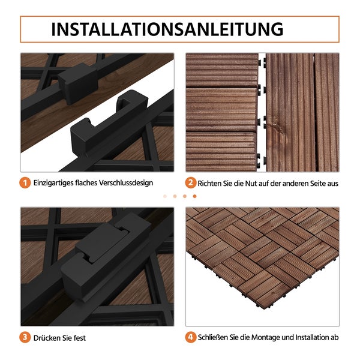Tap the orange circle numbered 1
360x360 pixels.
[25, 183]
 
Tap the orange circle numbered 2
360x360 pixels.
[190, 183]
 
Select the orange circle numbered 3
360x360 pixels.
[25, 337]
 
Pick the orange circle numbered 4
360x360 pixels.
[190, 337]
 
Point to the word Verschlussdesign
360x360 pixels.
[123, 183]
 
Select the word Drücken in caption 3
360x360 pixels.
[48, 338]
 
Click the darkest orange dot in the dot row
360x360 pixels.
[194, 196]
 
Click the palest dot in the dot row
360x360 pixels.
[165, 196]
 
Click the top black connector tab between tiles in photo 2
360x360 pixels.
[262, 62]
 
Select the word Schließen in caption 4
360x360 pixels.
[217, 338]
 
